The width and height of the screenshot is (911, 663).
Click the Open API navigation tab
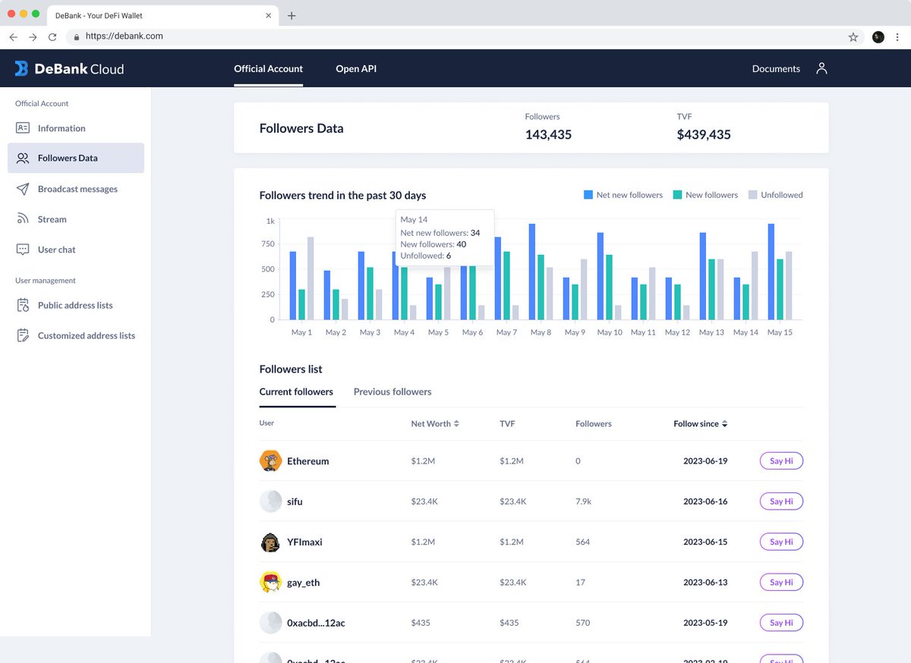[x=356, y=69]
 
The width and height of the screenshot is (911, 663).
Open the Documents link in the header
[x=776, y=69]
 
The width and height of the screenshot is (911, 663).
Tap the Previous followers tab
[x=392, y=391]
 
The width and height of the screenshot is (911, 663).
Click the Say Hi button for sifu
[x=781, y=501]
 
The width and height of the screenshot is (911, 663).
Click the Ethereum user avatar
[x=270, y=460]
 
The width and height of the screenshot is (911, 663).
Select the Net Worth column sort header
[x=435, y=423]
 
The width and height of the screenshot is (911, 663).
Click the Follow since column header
[x=700, y=423]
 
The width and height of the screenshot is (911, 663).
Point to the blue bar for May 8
[x=532, y=272]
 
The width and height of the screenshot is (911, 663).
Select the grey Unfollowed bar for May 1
[x=310, y=278]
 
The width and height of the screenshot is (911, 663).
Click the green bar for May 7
[x=506, y=285]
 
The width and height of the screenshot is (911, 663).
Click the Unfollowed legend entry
[x=776, y=195]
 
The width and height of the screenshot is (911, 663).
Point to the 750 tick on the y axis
[x=267, y=244]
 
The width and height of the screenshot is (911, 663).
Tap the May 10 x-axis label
[x=609, y=332]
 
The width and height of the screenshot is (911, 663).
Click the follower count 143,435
[x=548, y=134]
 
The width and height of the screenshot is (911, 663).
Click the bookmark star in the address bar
[x=853, y=37]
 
